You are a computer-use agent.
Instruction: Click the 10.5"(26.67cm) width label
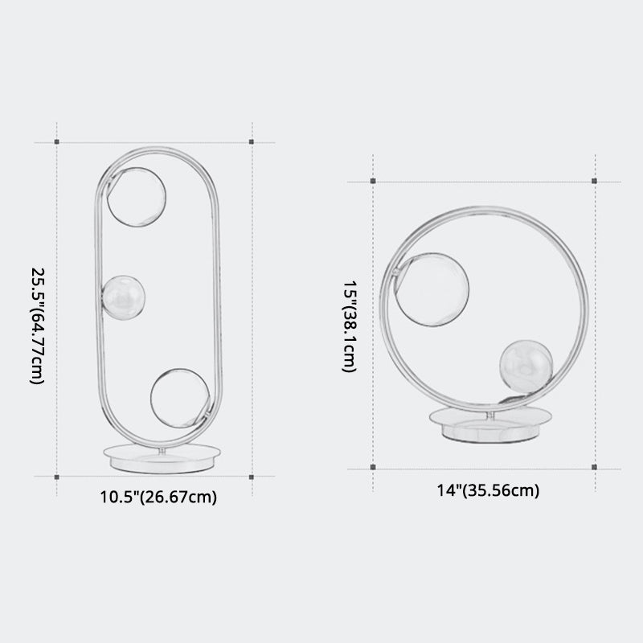(158, 497)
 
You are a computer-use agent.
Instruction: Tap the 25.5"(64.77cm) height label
(37, 326)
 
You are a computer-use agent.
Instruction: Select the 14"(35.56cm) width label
(488, 490)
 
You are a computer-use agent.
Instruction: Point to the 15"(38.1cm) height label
(350, 326)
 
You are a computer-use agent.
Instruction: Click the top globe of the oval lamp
(137, 197)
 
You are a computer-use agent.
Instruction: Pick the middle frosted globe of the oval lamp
(124, 297)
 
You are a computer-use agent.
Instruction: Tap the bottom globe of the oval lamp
(180, 398)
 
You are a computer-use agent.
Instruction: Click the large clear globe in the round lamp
(432, 289)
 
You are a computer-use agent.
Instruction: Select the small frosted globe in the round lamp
(526, 367)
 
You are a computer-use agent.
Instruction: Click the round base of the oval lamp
(162, 458)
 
